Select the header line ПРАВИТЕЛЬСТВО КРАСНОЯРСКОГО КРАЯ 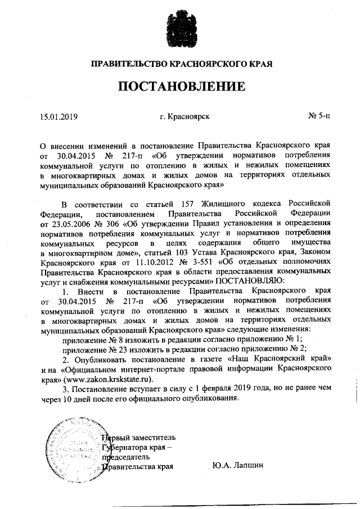point(182,64)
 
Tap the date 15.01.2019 point(58,117)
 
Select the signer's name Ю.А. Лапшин point(238,466)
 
